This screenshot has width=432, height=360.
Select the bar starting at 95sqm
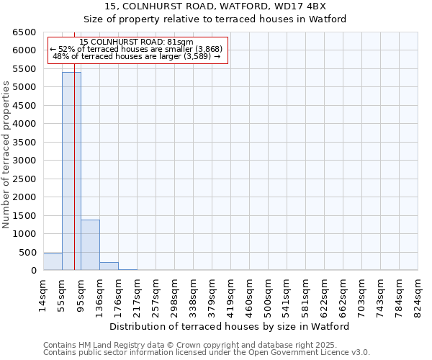point(90,245)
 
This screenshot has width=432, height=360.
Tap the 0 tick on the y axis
point(33,271)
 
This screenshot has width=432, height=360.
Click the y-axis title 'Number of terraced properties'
point(6,155)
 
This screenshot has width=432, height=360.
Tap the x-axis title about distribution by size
point(230,326)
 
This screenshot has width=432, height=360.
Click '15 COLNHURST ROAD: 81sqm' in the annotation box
point(137,42)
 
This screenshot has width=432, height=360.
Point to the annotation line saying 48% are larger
point(137,56)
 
